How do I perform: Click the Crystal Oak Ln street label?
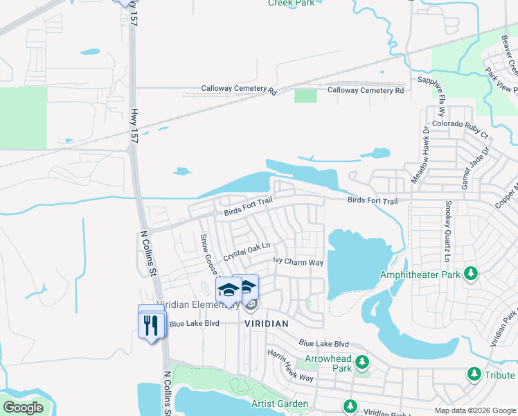click(246, 250)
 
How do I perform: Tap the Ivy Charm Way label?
click(298, 262)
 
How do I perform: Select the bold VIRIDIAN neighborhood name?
click(266, 324)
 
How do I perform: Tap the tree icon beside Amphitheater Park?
click(471, 273)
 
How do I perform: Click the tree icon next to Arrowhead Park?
click(361, 363)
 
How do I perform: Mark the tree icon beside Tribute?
click(474, 375)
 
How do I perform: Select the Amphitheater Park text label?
click(420, 275)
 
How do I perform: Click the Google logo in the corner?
click(23, 408)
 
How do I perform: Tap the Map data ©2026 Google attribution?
click(475, 410)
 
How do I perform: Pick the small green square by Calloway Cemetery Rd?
click(305, 96)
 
